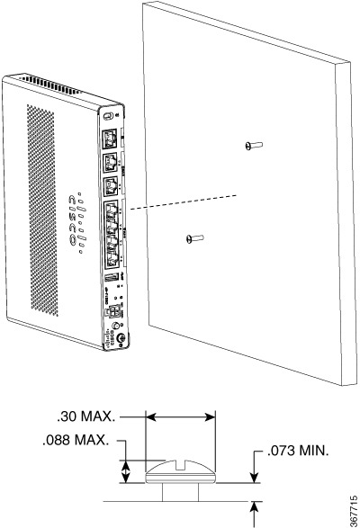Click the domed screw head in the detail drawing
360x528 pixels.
(181, 472)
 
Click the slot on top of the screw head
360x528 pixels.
(181, 464)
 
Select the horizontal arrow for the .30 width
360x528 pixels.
(181, 417)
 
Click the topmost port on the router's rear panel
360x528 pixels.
(109, 138)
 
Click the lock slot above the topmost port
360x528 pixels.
(107, 118)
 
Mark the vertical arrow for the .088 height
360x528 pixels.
(127, 469)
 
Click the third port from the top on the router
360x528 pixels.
(110, 186)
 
